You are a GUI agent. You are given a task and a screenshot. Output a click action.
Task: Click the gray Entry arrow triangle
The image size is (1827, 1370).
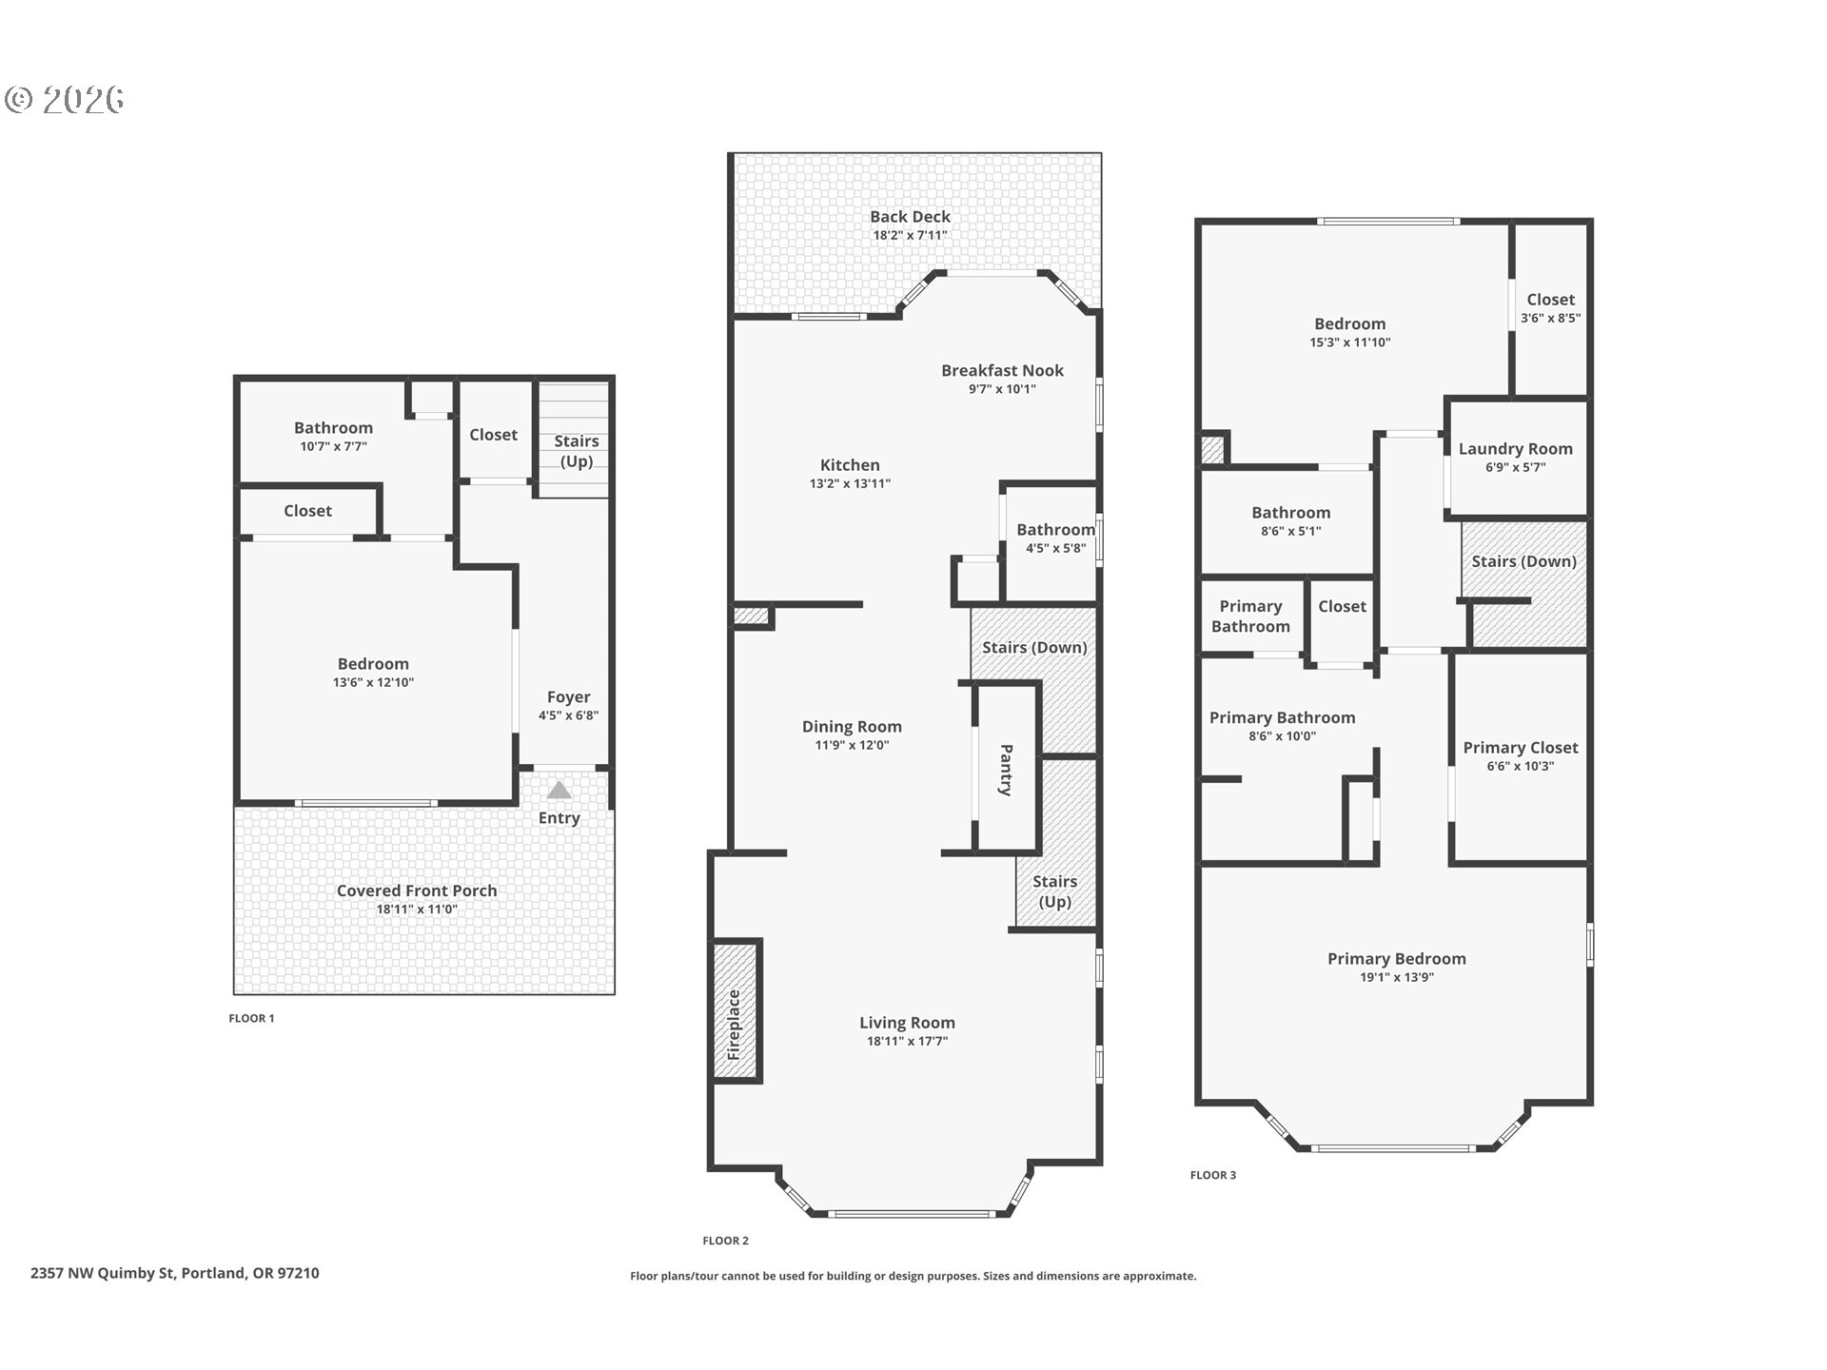(559, 790)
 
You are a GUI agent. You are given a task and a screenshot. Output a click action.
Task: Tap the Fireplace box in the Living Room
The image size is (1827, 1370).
(736, 1010)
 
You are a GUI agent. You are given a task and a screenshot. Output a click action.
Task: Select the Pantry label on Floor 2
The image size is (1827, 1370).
(1006, 769)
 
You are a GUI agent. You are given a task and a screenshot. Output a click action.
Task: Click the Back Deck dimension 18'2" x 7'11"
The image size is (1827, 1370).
(910, 235)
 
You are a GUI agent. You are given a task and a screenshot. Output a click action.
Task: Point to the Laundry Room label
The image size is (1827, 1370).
(1515, 448)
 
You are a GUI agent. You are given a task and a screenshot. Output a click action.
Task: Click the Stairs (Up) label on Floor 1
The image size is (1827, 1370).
(576, 451)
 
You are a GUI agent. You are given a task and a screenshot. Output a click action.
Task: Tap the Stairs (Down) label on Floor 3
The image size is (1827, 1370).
(1523, 561)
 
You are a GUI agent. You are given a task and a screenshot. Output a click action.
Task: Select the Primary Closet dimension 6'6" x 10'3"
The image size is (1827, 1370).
(1520, 766)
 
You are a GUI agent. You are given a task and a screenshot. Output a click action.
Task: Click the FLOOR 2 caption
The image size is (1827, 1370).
(725, 1240)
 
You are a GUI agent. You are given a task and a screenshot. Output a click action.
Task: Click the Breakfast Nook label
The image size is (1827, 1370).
(1002, 370)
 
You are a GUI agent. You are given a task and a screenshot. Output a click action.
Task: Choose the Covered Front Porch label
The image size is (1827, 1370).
(417, 890)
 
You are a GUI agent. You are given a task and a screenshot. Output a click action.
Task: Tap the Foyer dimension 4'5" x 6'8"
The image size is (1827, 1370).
(568, 715)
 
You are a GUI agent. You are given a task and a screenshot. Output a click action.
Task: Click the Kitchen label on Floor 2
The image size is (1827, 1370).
(850, 464)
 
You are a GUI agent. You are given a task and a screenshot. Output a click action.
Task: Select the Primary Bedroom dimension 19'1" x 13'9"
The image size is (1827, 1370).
(1396, 977)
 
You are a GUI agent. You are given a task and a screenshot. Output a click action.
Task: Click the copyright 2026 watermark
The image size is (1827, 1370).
(65, 100)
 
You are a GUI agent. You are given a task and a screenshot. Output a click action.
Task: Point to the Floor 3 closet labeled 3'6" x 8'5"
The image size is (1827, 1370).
(1550, 308)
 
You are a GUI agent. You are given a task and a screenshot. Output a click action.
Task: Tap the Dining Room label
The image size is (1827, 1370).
(852, 726)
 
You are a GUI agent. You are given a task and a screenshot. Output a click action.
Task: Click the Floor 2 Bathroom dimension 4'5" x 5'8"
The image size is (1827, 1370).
(1055, 548)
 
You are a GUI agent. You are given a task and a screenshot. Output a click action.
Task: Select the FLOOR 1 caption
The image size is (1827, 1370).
(251, 1018)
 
